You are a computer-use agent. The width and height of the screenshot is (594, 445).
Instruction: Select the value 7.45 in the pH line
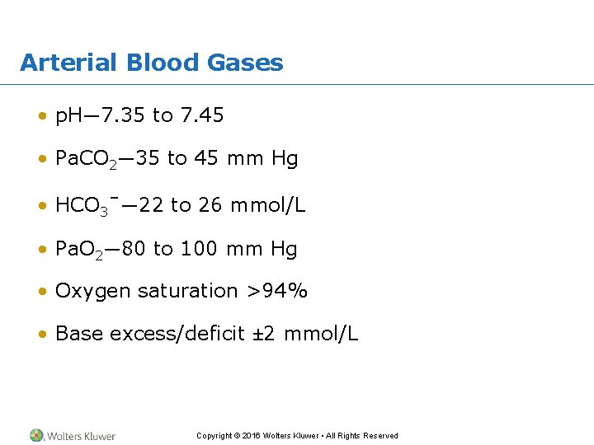200,116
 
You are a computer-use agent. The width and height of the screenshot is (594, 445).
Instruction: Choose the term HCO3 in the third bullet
81,206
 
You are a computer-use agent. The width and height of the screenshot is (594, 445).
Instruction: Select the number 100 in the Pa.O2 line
196,248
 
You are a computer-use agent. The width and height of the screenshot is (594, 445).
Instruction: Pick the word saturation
188,291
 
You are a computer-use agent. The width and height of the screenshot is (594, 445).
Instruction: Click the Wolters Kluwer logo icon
37,435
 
